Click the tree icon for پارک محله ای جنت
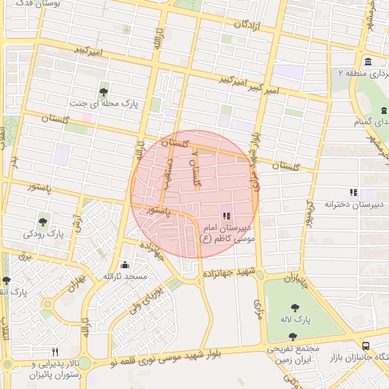pyautogui.click(x=103, y=91)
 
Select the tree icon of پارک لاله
pyautogui.click(x=294, y=308)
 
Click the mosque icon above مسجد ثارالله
pyautogui.click(x=125, y=265)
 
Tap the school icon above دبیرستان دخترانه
pyautogui.click(x=353, y=192)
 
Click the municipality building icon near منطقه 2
pyautogui.click(x=368, y=62)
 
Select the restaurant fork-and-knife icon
pyautogui.click(x=54, y=353)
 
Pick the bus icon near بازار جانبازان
pyautogui.click(x=367, y=345)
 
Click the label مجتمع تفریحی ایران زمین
pyautogui.click(x=293, y=354)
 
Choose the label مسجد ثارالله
pyautogui.click(x=123, y=277)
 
